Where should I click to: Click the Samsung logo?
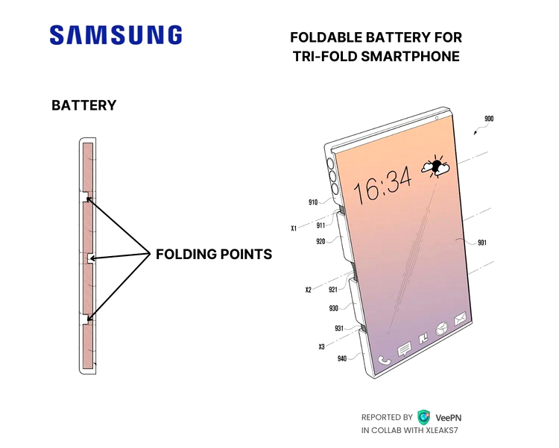116,34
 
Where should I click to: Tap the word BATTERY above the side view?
83,105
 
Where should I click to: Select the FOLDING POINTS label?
214,255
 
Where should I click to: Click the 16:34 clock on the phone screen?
382,187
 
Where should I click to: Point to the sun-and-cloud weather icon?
436,166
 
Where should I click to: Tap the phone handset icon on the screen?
384,360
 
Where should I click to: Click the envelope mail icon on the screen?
460,318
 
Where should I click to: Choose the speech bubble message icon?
404,349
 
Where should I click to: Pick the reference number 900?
489,119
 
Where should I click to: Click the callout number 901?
482,243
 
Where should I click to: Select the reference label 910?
312,202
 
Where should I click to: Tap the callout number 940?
342,358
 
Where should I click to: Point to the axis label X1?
294,228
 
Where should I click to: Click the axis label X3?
321,346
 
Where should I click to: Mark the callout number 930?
333,308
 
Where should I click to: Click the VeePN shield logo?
423,417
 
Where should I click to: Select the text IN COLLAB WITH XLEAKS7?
409,430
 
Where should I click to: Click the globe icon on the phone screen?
442,329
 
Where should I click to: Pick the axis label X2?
308,290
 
